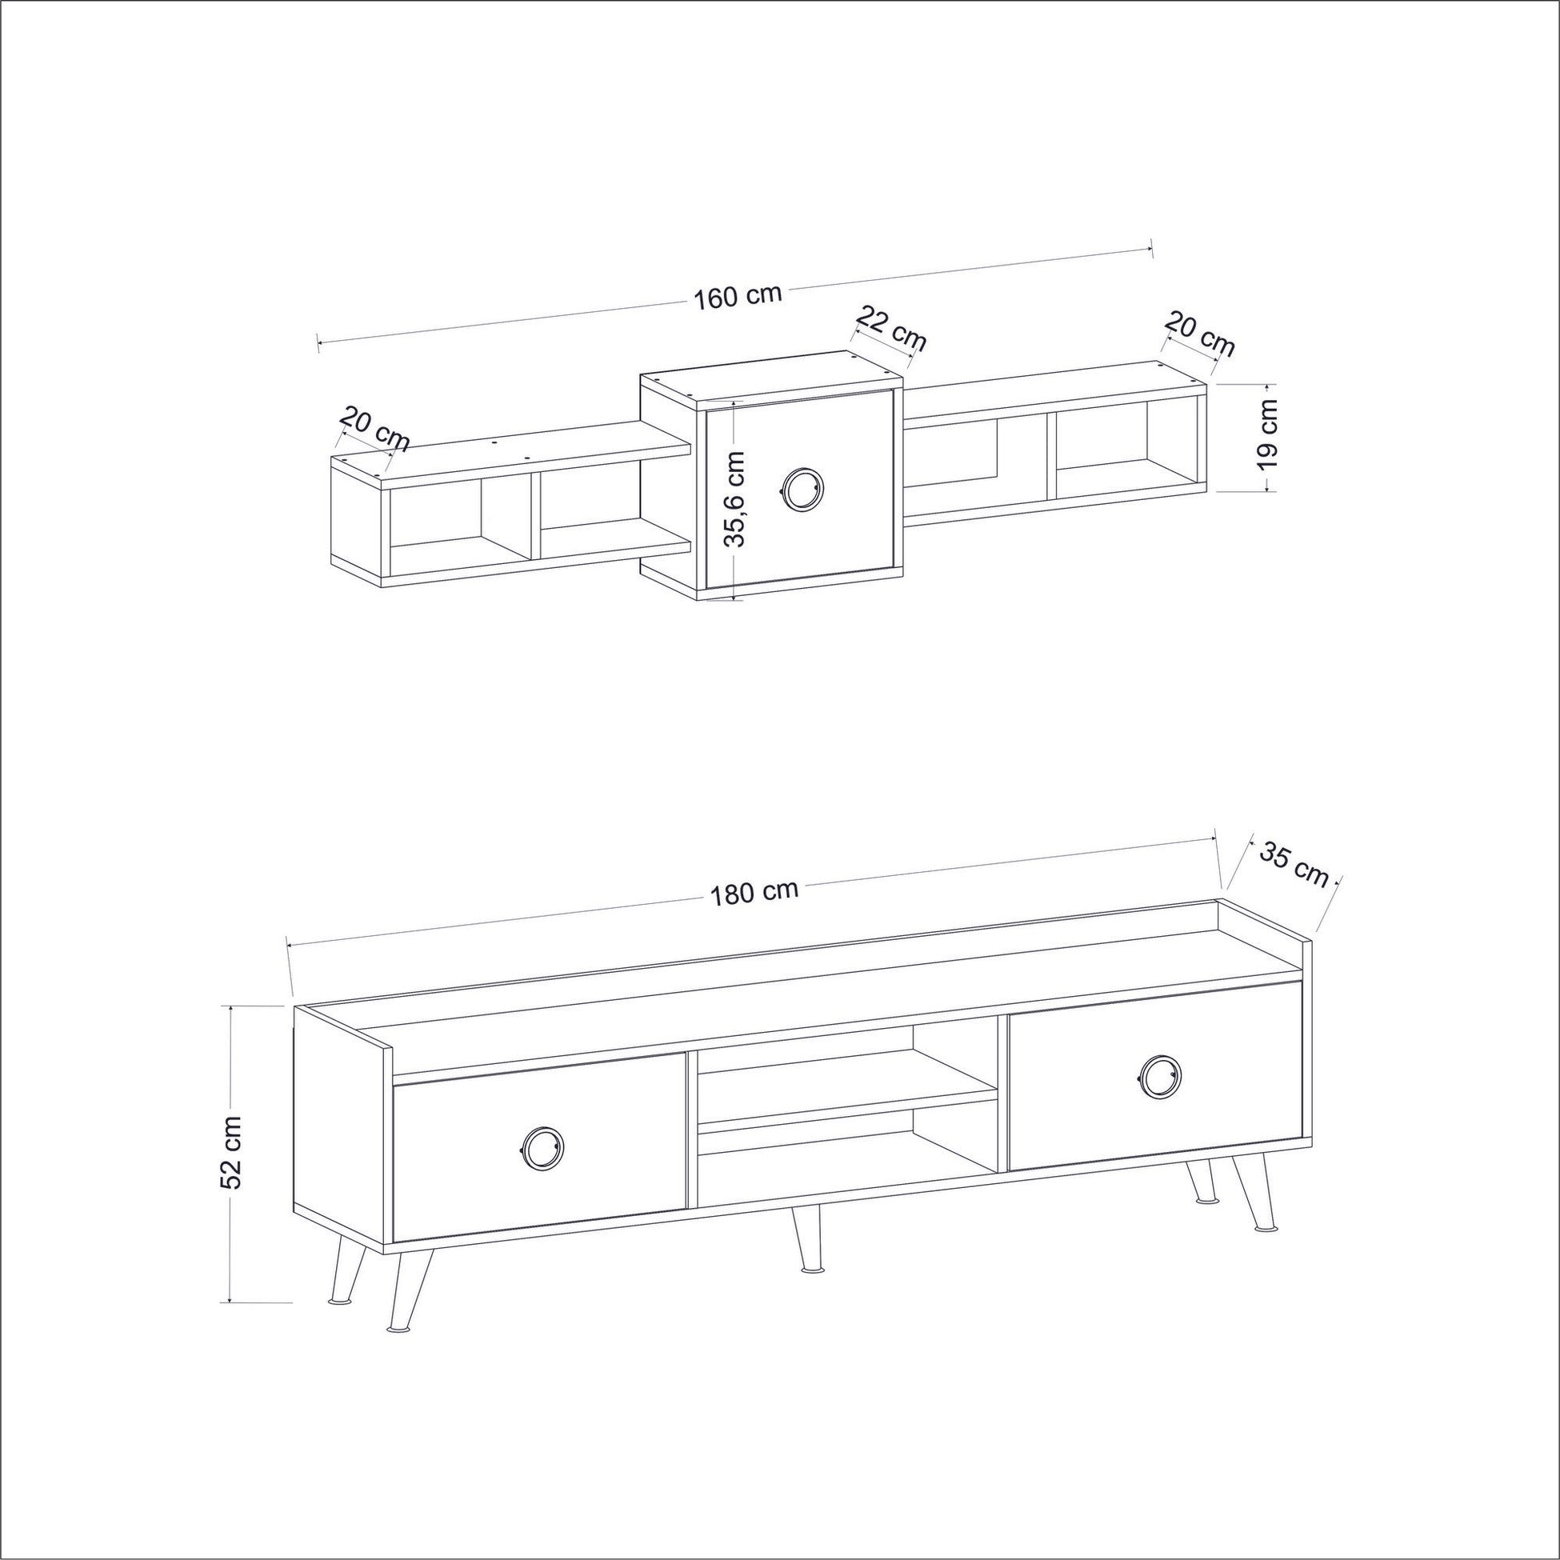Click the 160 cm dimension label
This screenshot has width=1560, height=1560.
pyautogui.click(x=738, y=295)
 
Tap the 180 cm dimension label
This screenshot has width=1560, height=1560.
pyautogui.click(x=754, y=892)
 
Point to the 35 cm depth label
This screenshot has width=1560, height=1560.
pyautogui.click(x=1294, y=863)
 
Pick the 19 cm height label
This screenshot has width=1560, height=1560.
pyautogui.click(x=1269, y=436)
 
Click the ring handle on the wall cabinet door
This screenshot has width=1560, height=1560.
pyautogui.click(x=801, y=489)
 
